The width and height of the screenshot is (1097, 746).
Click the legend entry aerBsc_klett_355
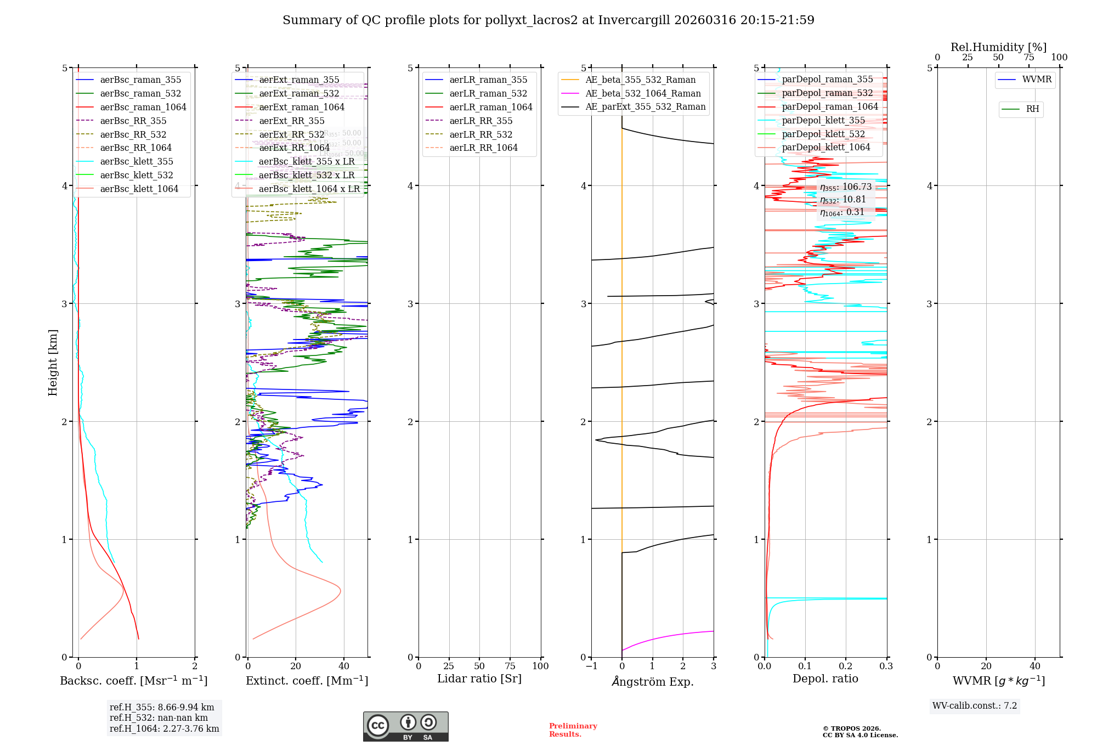tap(136, 161)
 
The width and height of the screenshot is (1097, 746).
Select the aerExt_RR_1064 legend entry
tap(294, 148)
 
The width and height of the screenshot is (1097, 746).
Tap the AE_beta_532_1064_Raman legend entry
tap(643, 93)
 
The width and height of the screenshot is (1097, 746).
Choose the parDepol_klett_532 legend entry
tap(823, 134)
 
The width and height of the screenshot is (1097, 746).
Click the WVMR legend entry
tap(1037, 80)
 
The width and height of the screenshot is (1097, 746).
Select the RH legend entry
tap(1032, 109)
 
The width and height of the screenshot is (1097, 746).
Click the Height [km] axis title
tap(53, 362)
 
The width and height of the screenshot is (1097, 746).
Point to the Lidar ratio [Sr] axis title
tap(479, 679)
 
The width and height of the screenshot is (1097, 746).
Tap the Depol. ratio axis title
tap(825, 679)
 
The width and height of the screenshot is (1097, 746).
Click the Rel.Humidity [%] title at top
tap(998, 47)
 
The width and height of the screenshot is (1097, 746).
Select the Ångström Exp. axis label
tap(652, 681)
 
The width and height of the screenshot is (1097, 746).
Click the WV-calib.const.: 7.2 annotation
tap(974, 705)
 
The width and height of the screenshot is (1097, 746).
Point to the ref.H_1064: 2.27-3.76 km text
tap(164, 728)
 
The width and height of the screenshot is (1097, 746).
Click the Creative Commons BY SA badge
tap(405, 726)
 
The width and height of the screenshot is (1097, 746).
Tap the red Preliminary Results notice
tap(573, 730)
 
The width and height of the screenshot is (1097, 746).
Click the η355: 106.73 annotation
tap(845, 187)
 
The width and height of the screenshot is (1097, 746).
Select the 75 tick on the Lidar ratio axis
tap(510, 666)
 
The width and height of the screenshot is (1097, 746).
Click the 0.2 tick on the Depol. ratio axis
tap(846, 666)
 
